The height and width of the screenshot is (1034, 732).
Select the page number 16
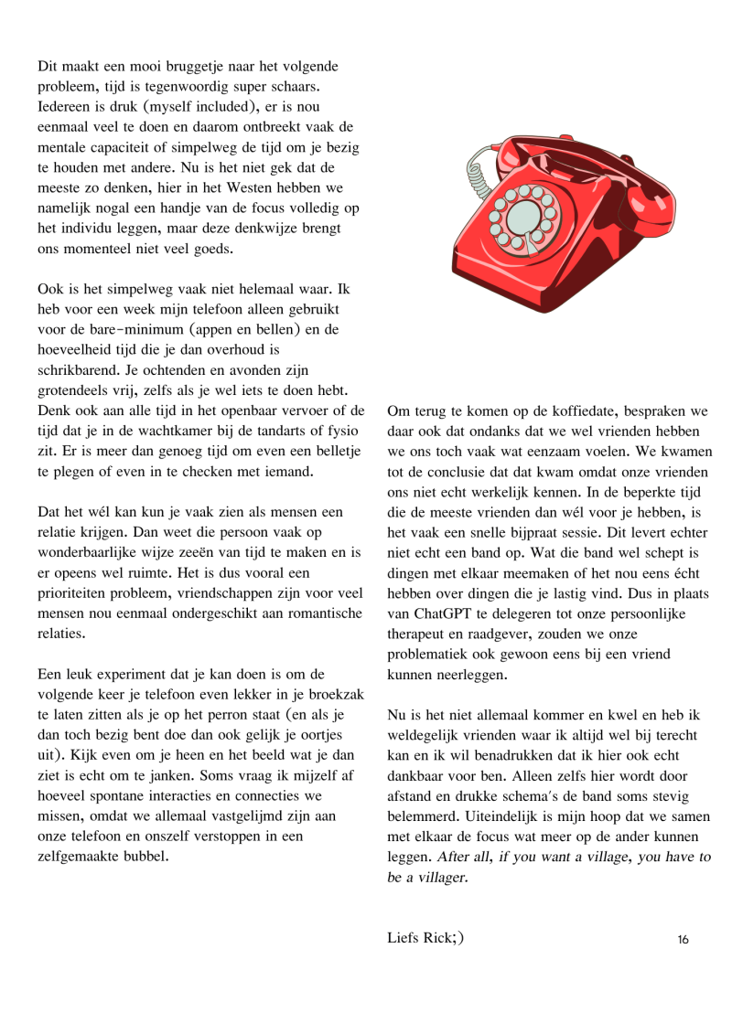coord(683,939)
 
